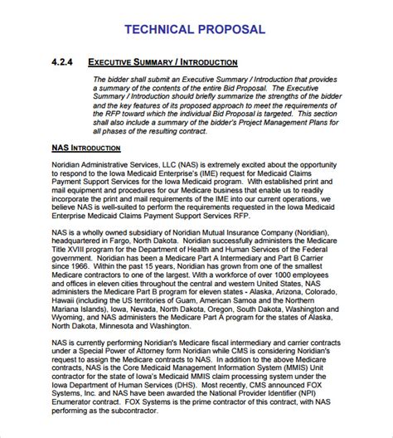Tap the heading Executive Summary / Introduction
(163, 63)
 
